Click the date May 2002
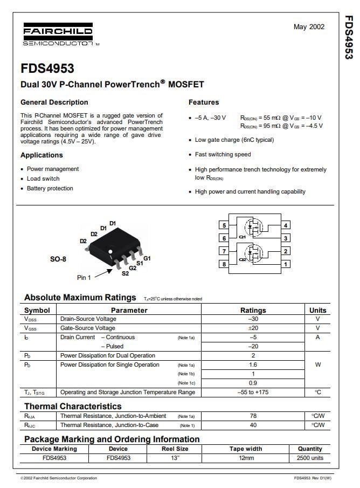pyautogui.click(x=309, y=27)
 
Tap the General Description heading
pyautogui.click(x=54, y=102)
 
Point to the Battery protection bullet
pyautogui.click(x=50, y=188)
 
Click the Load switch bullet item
pyautogui.click(x=43, y=178)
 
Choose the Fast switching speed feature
pyautogui.click(x=223, y=154)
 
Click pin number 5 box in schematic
pyautogui.click(x=224, y=225)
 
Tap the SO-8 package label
pyautogui.click(x=58, y=259)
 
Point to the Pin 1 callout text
pyautogui.click(x=84, y=277)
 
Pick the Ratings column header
pyautogui.click(x=253, y=310)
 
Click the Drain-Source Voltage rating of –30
pyautogui.click(x=253, y=319)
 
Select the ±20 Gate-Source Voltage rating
pyautogui.click(x=253, y=328)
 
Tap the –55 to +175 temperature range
pyautogui.click(x=253, y=392)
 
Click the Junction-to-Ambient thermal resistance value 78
pyautogui.click(x=253, y=416)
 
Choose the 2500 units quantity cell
pyautogui.click(x=310, y=458)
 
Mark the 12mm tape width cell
pyautogui.click(x=246, y=458)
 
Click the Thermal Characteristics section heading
pyautogui.click(x=73, y=406)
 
